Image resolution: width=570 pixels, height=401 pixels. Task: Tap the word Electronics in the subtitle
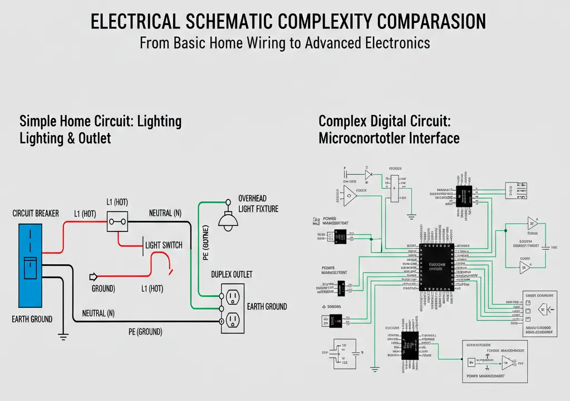(x=390, y=43)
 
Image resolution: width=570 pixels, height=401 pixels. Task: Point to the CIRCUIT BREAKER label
(x=36, y=214)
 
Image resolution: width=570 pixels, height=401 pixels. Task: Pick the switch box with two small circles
(x=117, y=221)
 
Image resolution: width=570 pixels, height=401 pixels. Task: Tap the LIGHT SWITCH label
(x=164, y=245)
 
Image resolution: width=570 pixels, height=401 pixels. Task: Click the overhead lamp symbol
(x=227, y=220)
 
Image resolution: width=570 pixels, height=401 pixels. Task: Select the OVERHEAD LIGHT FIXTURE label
(x=258, y=204)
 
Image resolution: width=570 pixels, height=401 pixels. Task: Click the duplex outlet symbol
(x=233, y=309)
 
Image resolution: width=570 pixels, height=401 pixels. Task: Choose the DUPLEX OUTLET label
(x=232, y=274)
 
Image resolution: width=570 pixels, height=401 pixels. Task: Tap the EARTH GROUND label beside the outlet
(x=267, y=306)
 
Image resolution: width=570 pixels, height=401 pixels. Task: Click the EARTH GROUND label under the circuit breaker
(x=32, y=319)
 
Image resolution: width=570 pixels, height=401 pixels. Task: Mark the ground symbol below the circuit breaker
(x=62, y=336)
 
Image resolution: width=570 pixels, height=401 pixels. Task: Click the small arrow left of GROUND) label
(x=93, y=276)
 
